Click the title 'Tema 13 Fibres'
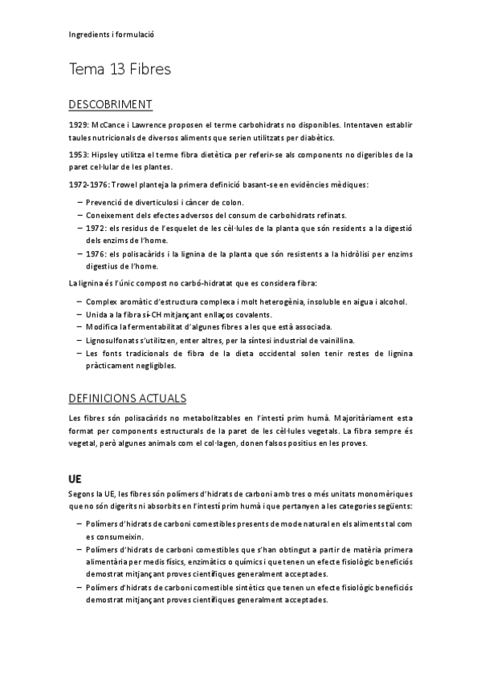coord(120,70)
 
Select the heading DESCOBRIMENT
coord(111,105)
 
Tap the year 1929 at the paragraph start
coord(78,125)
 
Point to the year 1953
coord(78,155)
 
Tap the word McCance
coord(108,125)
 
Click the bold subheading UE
coord(77,478)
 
